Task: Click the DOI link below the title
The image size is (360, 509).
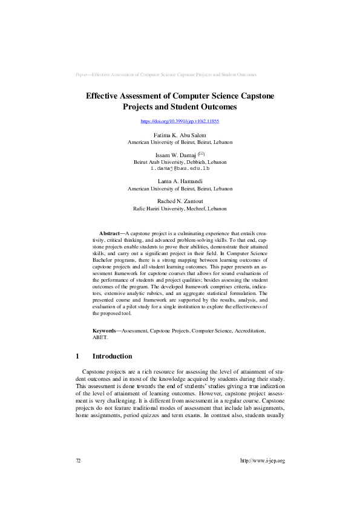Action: tap(180, 122)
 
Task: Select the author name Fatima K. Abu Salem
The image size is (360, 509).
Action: tap(180, 135)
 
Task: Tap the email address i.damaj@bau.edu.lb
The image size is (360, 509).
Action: tap(180, 168)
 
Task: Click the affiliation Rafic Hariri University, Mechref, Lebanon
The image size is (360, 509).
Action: tap(180, 209)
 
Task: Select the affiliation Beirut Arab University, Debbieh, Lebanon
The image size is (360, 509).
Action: tap(180, 162)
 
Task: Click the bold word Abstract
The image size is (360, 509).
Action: tap(110, 233)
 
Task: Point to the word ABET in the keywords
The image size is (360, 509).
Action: tap(100, 338)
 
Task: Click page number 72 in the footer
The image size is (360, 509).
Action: tap(78, 461)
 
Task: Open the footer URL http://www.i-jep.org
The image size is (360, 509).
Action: tap(262, 461)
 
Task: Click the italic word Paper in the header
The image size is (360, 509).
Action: tap(81, 74)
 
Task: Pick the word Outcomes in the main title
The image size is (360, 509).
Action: tap(215, 107)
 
